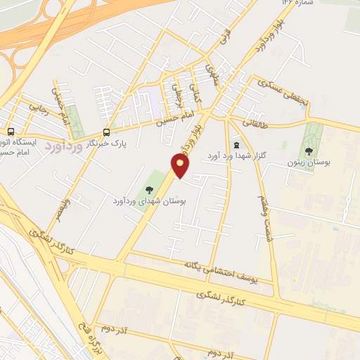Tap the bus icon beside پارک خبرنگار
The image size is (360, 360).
pyautogui.click(x=106, y=131)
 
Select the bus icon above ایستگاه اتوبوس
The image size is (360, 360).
pyautogui.click(x=10, y=131)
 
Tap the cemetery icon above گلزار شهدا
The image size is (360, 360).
pyautogui.click(x=236, y=145)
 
